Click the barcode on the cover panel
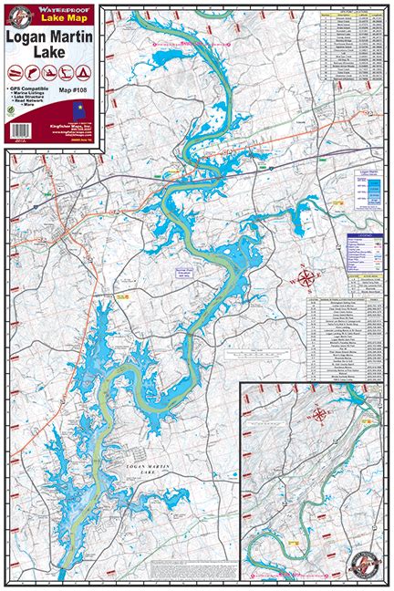(19, 137)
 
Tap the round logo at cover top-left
(15, 13)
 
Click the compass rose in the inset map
(319, 415)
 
